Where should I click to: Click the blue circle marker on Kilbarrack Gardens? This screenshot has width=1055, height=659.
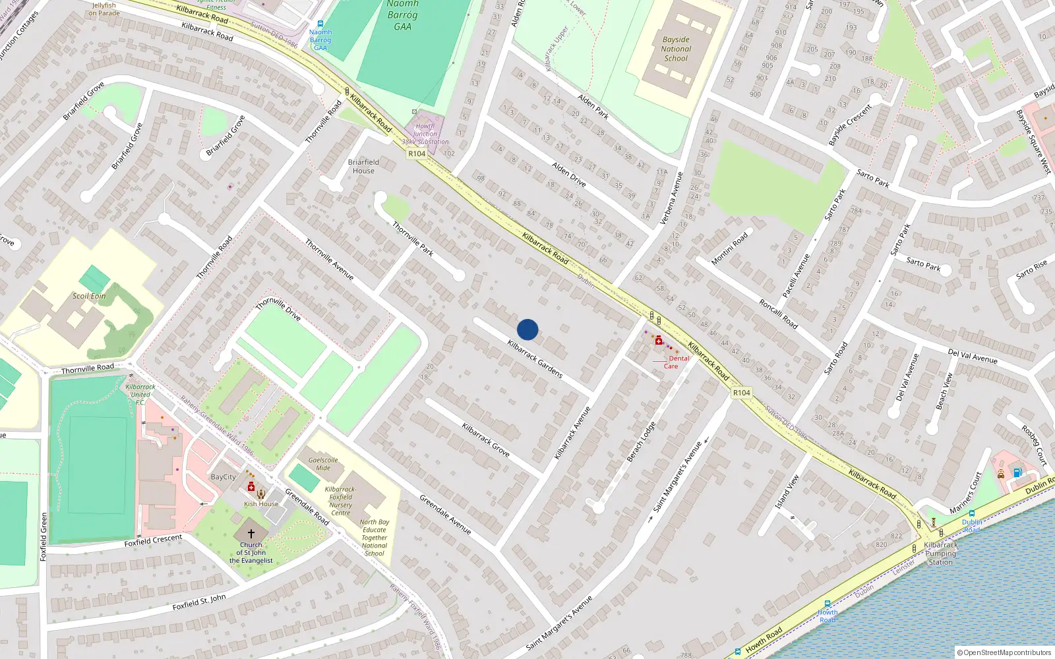point(527,329)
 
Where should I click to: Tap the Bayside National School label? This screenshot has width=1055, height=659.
point(676,49)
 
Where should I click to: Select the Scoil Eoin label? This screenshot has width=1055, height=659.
point(89,296)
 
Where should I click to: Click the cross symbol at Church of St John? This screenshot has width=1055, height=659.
point(251,534)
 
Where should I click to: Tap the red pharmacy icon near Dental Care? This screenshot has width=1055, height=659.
point(658,340)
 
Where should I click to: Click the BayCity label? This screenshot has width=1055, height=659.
point(223,477)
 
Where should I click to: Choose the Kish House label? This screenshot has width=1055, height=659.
point(261,504)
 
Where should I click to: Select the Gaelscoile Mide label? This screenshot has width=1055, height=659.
point(323,464)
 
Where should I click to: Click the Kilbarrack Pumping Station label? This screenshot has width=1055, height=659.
point(940,554)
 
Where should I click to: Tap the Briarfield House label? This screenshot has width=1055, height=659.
point(363,166)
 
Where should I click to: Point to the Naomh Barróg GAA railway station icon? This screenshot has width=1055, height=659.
point(320,24)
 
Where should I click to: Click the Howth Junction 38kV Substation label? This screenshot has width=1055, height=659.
point(425,134)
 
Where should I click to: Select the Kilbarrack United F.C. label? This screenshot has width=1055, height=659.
point(140,394)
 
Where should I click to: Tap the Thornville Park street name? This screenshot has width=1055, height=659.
point(413,238)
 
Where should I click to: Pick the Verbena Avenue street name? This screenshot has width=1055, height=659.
point(671,198)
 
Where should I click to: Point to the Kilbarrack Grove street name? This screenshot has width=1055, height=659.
point(486,440)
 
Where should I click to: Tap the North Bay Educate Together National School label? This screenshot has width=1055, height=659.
point(375,538)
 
